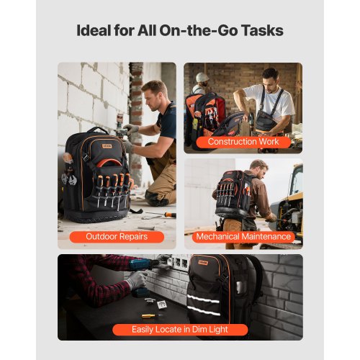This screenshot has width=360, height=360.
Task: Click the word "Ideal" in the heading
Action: pyautogui.click(x=94, y=31)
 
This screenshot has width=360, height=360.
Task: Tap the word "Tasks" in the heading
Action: pyautogui.click(x=259, y=31)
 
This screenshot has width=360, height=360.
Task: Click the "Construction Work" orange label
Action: pyautogui.click(x=243, y=142)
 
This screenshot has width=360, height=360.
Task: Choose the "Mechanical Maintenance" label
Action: pyautogui.click(x=243, y=236)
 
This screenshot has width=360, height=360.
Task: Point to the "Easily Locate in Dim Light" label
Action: pyautogui.click(x=180, y=330)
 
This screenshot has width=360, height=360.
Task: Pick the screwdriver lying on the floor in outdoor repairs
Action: pyautogui.click(x=164, y=214)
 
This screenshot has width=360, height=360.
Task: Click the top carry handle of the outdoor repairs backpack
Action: pyautogui.click(x=98, y=131)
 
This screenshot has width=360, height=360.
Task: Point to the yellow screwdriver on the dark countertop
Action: pyautogui.click(x=148, y=315)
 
